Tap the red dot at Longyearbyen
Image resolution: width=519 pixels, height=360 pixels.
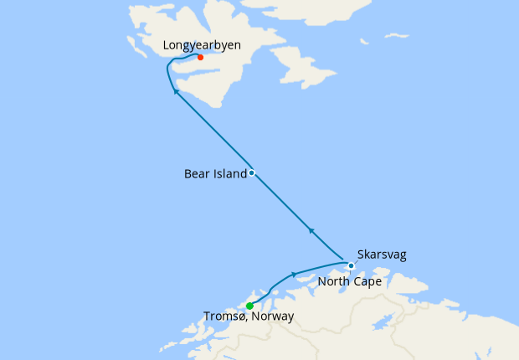(x=200, y=57)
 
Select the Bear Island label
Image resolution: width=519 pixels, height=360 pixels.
(x=215, y=174)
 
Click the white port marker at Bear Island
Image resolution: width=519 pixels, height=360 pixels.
(x=251, y=173)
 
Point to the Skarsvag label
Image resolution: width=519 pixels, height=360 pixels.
(x=381, y=254)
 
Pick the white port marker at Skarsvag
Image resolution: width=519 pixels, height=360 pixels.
(x=351, y=266)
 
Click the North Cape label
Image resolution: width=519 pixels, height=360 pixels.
(x=349, y=282)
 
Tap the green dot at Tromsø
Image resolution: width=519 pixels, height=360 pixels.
(x=249, y=306)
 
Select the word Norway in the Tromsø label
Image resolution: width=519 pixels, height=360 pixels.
(x=273, y=317)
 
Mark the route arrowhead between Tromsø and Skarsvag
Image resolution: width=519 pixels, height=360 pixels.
(x=294, y=275)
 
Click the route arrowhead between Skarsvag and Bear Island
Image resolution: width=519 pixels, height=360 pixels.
(x=311, y=230)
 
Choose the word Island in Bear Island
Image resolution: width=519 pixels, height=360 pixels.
(x=230, y=174)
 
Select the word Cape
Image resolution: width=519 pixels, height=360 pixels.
(x=367, y=282)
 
